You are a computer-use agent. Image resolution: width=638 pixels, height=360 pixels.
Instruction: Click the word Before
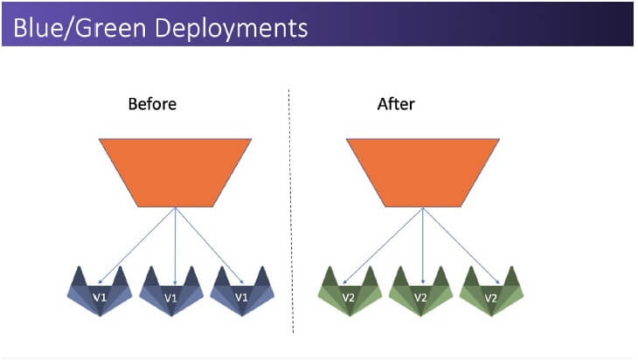152,104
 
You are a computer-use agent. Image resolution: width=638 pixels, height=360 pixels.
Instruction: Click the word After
396,104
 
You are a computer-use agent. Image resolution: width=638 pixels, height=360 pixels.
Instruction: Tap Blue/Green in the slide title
80,28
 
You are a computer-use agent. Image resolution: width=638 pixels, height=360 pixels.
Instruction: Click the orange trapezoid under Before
175,172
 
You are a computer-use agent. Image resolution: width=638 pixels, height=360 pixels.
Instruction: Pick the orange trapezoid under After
423,172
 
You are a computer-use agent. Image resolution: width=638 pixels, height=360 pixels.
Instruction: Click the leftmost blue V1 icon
100,291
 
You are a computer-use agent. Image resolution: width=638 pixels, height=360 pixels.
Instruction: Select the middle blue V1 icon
171,291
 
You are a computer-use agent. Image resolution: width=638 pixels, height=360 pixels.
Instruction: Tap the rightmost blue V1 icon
242,291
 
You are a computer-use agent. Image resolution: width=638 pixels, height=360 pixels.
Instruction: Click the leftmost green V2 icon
350,291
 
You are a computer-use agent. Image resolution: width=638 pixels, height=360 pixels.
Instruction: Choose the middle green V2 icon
420,291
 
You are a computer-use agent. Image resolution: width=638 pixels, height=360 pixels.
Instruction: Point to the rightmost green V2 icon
491,291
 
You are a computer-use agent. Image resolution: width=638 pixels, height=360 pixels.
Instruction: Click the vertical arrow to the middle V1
175,246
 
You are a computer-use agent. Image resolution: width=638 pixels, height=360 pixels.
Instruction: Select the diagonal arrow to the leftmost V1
136,246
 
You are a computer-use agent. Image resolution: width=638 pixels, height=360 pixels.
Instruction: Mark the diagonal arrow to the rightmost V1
210,246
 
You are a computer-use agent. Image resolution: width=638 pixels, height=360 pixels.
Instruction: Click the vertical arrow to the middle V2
423,246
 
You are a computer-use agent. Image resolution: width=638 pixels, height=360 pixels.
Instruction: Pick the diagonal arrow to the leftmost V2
383,246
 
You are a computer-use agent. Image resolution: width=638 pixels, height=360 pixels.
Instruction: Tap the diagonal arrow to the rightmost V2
461,246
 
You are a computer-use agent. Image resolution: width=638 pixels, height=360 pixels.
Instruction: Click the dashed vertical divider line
291,211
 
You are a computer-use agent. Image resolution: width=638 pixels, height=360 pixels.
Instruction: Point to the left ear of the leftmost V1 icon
79,277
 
